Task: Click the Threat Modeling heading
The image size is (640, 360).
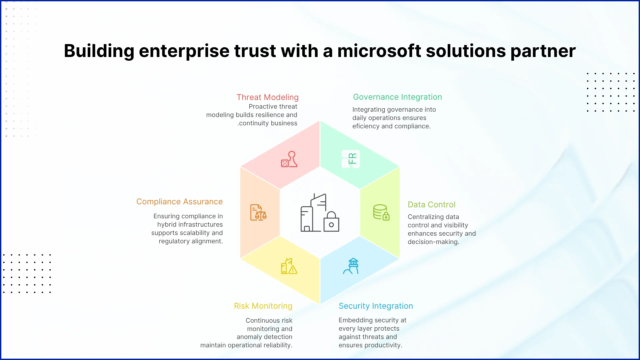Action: [x=268, y=97]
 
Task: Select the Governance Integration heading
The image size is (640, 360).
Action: [x=397, y=97]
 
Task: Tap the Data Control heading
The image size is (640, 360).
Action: [x=431, y=205]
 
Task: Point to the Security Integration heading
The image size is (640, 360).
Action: [x=376, y=306]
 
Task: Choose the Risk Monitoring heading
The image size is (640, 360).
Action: [x=263, y=306]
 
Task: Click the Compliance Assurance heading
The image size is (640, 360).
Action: [x=179, y=202]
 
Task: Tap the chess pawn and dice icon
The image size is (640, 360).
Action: [x=289, y=159]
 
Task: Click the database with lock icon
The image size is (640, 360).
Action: [x=381, y=212]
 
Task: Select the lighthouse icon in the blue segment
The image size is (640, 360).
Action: [x=351, y=266]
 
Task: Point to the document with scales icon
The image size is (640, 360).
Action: [x=258, y=212]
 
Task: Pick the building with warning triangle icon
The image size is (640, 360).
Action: [x=289, y=266]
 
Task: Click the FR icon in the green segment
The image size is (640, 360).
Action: [x=351, y=159]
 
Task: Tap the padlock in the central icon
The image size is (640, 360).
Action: [x=331, y=222]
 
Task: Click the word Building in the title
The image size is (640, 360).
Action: [x=99, y=52]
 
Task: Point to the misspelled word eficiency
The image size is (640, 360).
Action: [x=366, y=126]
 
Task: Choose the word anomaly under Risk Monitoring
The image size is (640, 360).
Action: [x=248, y=337]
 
